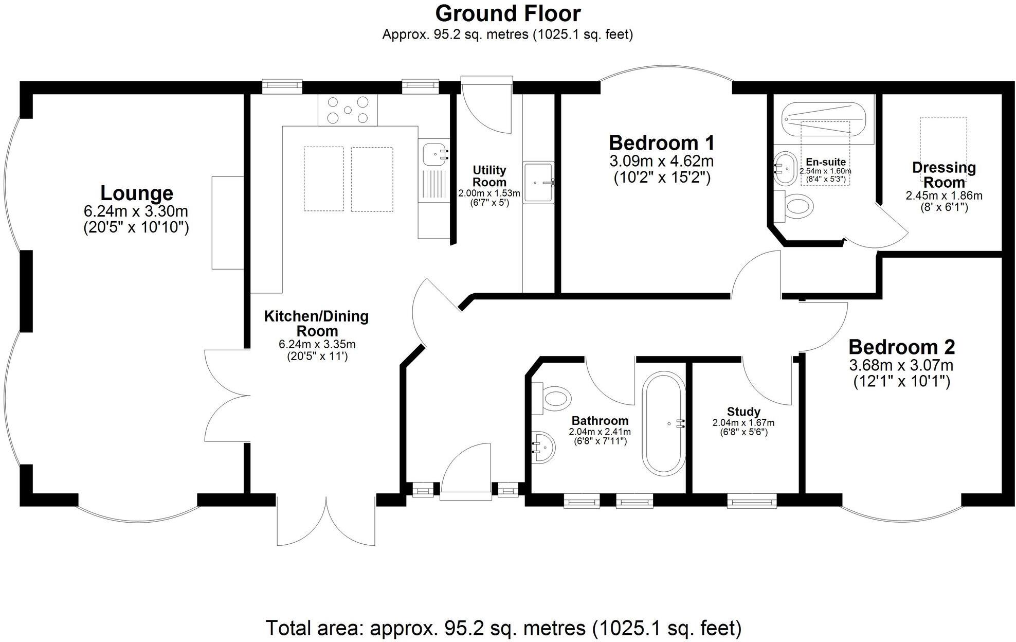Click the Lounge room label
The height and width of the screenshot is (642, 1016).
[136, 193]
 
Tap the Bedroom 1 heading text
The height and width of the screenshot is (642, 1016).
[661, 142]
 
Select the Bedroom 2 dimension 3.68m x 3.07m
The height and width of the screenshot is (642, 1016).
[901, 366]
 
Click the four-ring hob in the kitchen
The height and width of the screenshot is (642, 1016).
[348, 110]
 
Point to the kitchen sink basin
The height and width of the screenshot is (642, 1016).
[435, 153]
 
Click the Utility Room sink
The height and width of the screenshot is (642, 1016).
[538, 183]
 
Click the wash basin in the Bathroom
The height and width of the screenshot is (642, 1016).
[543, 447]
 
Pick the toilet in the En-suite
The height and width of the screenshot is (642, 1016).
[796, 206]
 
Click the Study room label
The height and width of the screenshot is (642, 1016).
[743, 412]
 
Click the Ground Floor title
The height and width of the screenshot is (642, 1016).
[507, 13]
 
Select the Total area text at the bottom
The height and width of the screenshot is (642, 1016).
[503, 628]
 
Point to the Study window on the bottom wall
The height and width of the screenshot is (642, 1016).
[752, 500]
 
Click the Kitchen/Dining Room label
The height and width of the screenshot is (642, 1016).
[316, 323]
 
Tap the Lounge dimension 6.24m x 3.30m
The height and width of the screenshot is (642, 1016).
[136, 211]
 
